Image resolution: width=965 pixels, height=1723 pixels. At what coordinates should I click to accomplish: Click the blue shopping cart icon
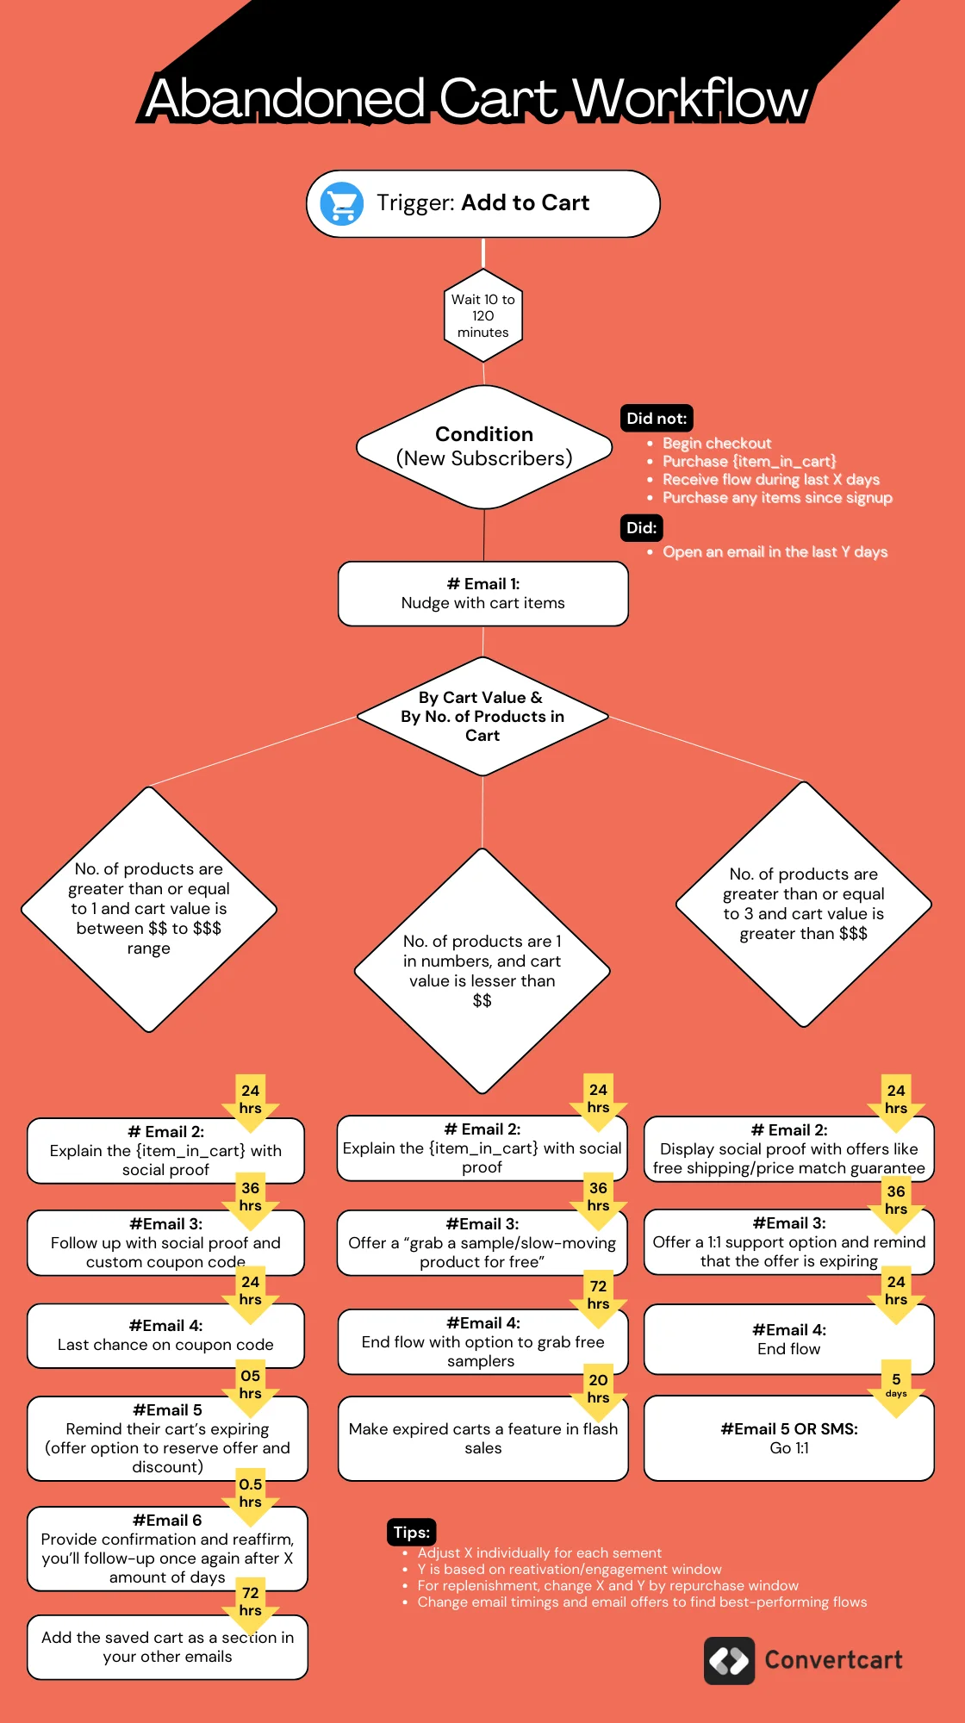point(341,204)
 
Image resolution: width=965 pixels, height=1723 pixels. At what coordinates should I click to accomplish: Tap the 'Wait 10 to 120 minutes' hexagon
point(483,315)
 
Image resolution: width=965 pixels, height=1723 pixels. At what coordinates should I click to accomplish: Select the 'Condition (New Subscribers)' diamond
point(484,446)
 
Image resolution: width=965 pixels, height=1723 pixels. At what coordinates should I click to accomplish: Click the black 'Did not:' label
point(657,419)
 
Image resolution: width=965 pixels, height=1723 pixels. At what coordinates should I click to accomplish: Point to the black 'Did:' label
point(641,528)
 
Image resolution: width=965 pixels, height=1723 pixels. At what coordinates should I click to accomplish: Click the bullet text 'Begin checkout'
point(716,444)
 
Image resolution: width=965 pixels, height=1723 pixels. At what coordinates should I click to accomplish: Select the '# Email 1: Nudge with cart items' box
point(483,594)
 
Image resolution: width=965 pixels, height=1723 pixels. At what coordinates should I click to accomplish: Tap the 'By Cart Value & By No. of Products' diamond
point(482,717)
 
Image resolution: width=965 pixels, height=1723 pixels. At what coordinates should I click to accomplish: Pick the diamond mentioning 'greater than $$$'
point(803,905)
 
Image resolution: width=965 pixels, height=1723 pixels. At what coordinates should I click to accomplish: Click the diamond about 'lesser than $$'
point(482,971)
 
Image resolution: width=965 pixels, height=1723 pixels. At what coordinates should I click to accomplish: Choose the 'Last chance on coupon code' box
point(165,1336)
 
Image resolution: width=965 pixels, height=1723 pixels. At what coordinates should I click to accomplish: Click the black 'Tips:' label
point(411,1533)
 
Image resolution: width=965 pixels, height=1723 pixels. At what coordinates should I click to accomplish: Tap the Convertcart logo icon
point(729,1660)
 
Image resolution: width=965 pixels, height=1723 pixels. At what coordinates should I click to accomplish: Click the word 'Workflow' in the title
point(689,98)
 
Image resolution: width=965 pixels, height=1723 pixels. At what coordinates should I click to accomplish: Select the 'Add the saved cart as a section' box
point(167,1647)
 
